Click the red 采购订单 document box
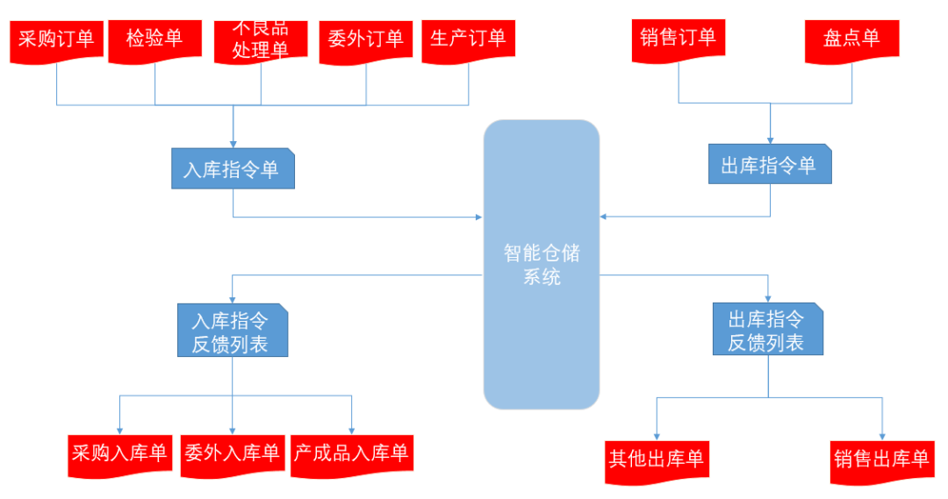click(57, 39)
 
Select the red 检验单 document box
click(154, 39)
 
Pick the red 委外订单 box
click(365, 39)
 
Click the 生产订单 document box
click(468, 39)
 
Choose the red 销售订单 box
click(678, 38)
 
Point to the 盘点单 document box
click(851, 39)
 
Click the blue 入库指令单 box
click(233, 168)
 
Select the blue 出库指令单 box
click(770, 164)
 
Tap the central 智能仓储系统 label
click(542, 265)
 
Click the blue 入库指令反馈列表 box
click(232, 331)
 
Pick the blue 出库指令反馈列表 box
click(768, 330)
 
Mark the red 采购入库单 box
click(119, 454)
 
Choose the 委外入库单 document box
click(232, 454)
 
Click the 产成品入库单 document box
click(351, 454)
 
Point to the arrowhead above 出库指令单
click(770, 139)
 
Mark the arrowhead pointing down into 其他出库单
click(656, 435)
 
